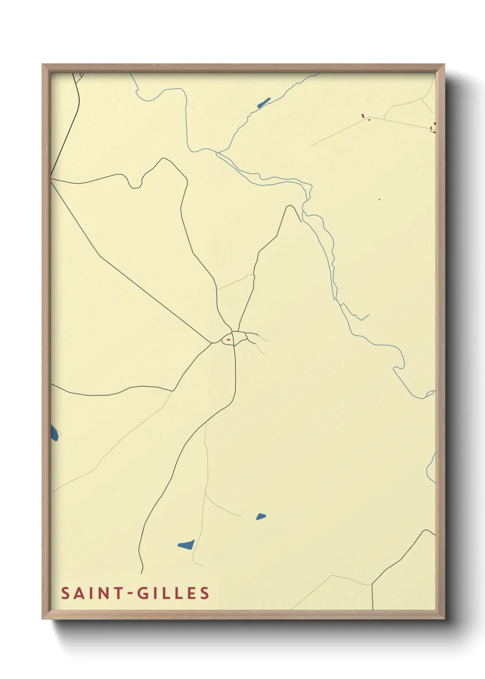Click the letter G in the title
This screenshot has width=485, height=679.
click(x=143, y=593)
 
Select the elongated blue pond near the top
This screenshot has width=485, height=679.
click(x=264, y=103)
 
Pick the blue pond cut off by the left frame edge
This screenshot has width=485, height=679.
click(x=54, y=433)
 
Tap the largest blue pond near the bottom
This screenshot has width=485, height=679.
click(x=186, y=545)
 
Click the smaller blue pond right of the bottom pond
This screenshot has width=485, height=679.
click(x=261, y=517)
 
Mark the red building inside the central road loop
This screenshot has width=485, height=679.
click(x=228, y=339)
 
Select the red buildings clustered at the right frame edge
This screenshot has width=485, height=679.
click(x=433, y=128)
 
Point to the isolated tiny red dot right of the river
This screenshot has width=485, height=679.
click(x=379, y=200)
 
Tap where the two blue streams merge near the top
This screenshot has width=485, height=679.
click(x=218, y=152)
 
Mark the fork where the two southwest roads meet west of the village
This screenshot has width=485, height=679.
click(x=212, y=342)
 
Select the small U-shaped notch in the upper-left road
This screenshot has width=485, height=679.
click(x=135, y=186)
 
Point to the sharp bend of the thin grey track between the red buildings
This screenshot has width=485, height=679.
click(x=369, y=117)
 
